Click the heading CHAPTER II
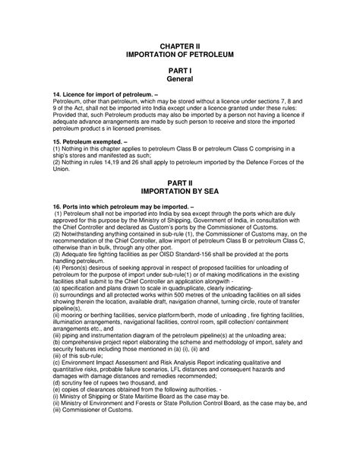pyautogui.click(x=180, y=46)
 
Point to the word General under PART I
pyautogui.click(x=180, y=79)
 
